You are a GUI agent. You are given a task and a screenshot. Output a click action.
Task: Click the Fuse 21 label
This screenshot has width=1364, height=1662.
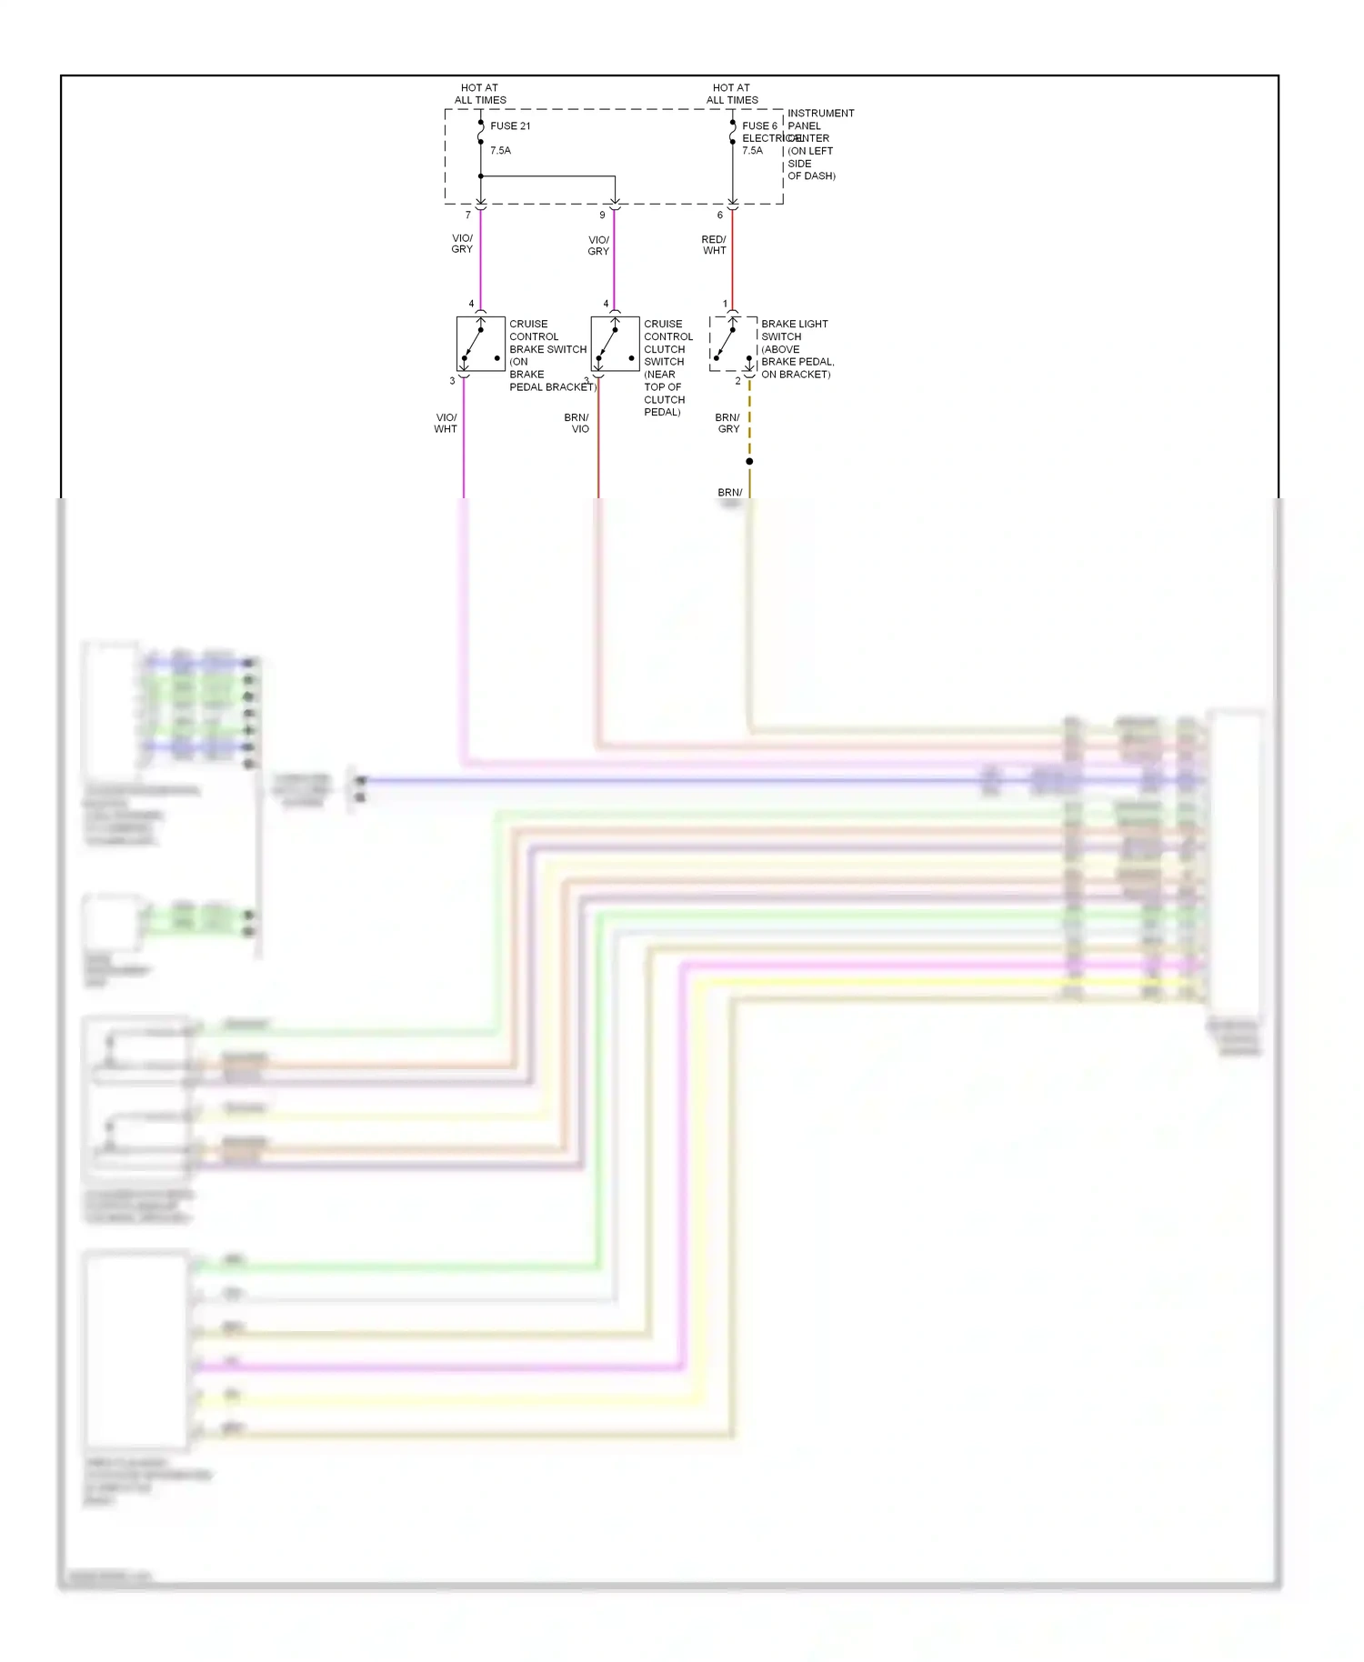[509, 126]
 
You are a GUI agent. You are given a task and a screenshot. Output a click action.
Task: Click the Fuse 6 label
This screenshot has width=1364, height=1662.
[759, 126]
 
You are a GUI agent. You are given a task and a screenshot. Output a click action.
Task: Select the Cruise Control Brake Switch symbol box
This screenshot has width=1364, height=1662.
[480, 344]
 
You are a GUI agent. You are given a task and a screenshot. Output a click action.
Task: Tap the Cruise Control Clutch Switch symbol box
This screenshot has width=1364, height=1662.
[615, 344]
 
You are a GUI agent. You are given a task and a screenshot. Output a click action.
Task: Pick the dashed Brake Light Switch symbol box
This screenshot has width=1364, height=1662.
[733, 344]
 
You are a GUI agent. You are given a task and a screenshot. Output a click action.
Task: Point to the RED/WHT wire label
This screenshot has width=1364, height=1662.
[714, 245]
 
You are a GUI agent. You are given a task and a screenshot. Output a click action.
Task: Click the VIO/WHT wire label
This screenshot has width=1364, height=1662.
[446, 424]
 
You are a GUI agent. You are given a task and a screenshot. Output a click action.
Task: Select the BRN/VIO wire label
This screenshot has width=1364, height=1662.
[577, 424]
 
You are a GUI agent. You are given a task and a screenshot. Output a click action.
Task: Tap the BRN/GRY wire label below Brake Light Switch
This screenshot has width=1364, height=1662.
[727, 424]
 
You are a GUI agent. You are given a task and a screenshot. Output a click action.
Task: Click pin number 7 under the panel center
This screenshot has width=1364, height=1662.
[468, 215]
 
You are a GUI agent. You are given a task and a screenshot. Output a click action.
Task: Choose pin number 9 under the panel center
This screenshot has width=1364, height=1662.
[602, 215]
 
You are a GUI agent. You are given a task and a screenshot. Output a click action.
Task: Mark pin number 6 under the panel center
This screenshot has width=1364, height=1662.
[720, 215]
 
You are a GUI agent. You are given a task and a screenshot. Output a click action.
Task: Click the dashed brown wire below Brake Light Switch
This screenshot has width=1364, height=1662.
[749, 418]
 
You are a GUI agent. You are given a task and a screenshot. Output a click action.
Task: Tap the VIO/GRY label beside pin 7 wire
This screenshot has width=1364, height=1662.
[462, 244]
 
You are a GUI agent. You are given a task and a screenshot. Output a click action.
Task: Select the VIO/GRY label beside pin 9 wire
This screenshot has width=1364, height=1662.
[598, 245]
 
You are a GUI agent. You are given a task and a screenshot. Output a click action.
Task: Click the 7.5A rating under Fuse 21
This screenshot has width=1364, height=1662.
[500, 151]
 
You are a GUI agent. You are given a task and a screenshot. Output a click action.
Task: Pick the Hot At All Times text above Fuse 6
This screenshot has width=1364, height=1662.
[732, 95]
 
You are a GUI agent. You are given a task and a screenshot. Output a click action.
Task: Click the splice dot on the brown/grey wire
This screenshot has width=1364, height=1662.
[749, 462]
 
